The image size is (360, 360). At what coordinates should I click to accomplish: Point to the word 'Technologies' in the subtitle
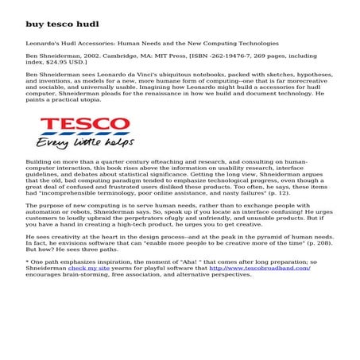click(x=257, y=42)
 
